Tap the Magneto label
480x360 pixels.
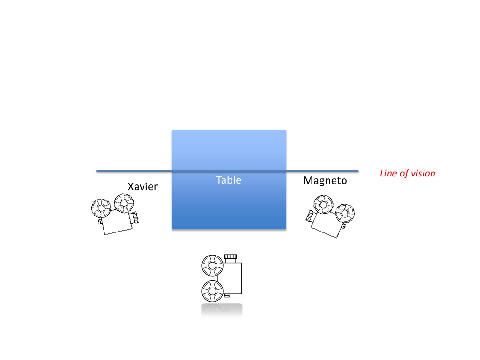[325, 180]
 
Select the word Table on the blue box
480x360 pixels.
[229, 180]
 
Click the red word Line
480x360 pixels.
[387, 173]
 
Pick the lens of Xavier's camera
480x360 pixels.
[135, 217]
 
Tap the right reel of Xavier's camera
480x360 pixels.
[124, 204]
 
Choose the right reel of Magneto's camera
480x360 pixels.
[344, 213]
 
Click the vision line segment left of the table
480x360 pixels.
[134, 171]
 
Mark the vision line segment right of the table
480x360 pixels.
[322, 171]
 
